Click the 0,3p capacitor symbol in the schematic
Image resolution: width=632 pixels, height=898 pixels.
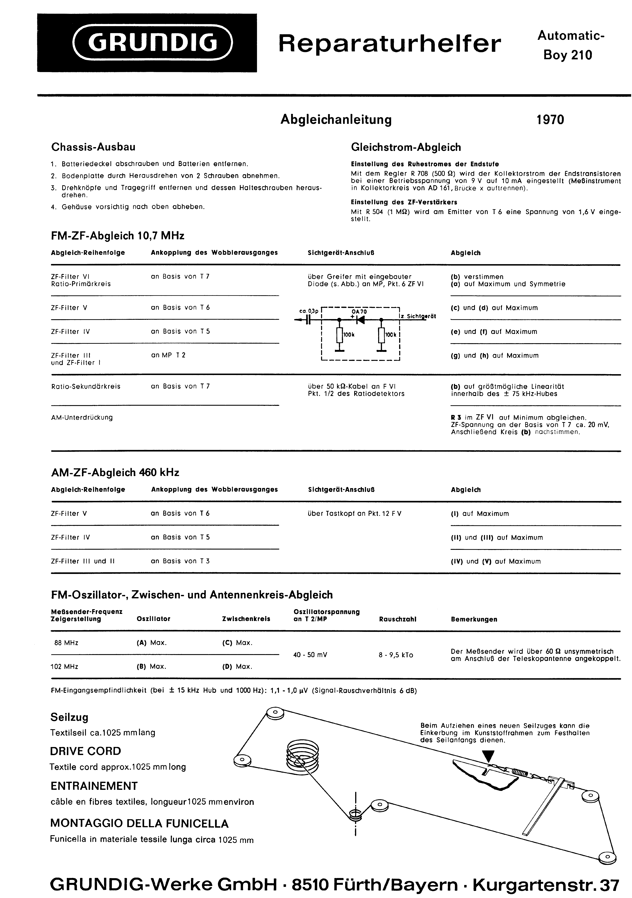click(309, 320)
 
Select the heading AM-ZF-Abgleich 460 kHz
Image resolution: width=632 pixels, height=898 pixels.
click(115, 472)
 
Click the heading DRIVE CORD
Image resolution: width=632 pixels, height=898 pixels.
click(86, 751)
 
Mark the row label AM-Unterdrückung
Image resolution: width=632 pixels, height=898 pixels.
click(82, 417)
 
